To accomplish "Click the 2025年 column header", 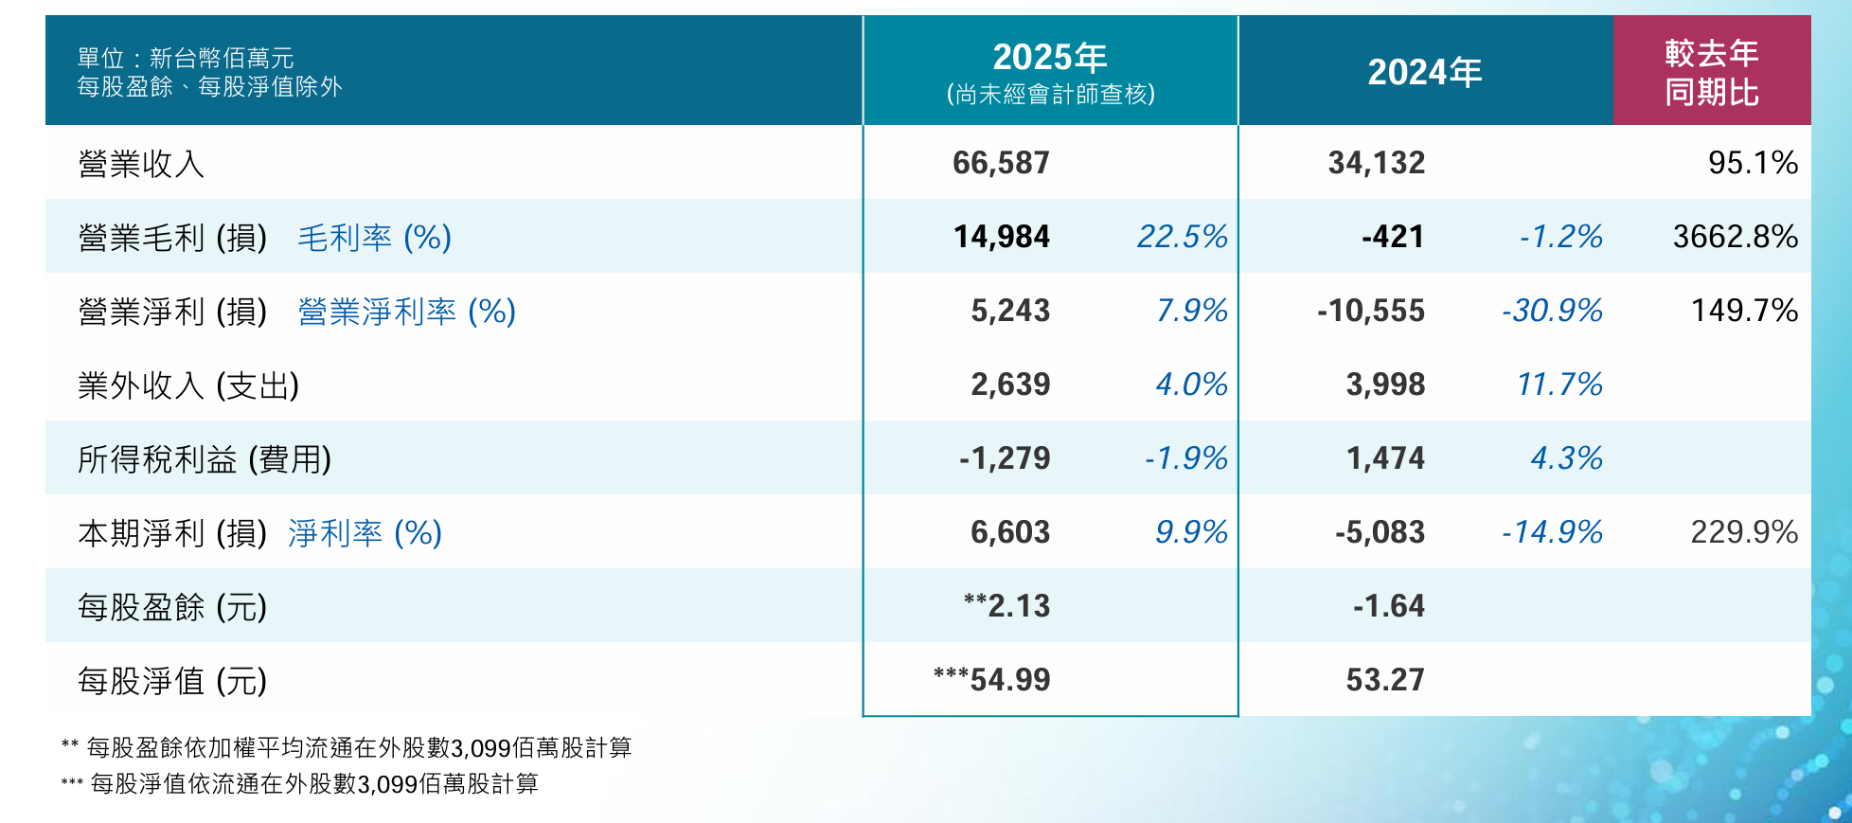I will [1049, 58].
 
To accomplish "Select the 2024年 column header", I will [1424, 72].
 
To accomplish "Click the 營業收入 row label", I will [141, 164].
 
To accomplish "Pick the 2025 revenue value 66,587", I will [1001, 163].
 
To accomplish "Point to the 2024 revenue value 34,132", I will [1376, 163].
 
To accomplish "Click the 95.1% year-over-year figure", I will [1752, 163].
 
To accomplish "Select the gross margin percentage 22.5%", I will [1182, 237].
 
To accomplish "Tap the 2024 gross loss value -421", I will [1392, 237].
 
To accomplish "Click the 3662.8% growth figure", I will [1735, 237].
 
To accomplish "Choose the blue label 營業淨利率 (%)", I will [406, 312].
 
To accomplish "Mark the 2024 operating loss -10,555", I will [1370, 311].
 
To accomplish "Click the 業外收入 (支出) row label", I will [188, 385].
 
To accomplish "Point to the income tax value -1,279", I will [1004, 458].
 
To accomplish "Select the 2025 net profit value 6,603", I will [1009, 532].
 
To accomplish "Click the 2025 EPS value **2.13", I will [1006, 606].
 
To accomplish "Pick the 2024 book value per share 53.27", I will [1384, 680].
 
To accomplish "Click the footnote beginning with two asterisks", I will [347, 748].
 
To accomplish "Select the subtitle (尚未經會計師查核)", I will [1050, 95].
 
